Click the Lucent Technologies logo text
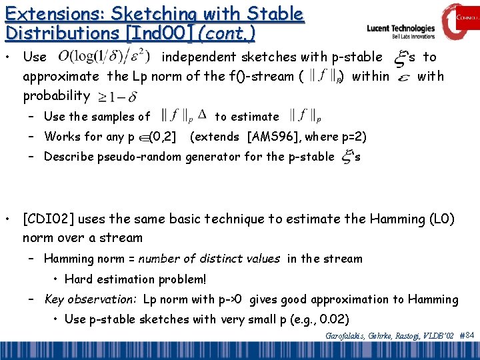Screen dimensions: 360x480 pyautogui.click(x=401, y=29)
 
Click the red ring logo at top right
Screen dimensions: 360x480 pyautogui.click(x=458, y=22)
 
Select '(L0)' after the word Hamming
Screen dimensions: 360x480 pyautogui.click(x=440, y=219)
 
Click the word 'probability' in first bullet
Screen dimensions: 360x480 pyautogui.click(x=57, y=95)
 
